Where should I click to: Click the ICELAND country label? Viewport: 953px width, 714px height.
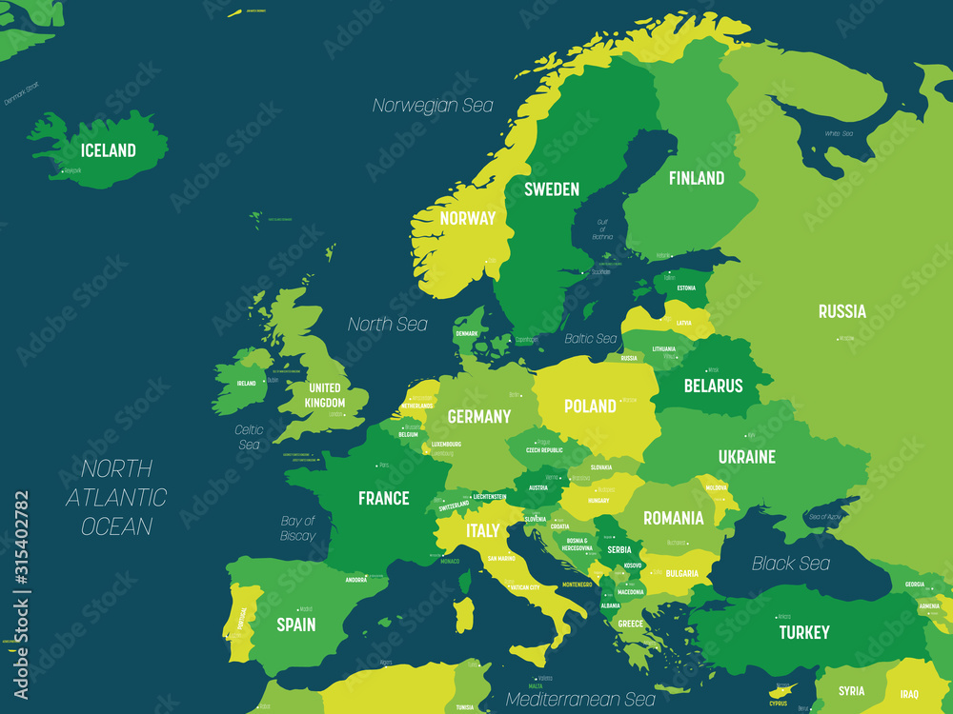[108, 150]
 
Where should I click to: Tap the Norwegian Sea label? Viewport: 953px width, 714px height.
[433, 106]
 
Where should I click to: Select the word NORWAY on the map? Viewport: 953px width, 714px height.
[467, 218]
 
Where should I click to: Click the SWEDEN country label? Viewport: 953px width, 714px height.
[551, 189]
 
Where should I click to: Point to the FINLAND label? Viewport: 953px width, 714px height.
[696, 178]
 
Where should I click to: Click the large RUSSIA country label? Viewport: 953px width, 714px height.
[841, 311]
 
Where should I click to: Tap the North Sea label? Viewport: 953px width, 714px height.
[387, 325]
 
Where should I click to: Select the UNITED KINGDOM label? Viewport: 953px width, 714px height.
[324, 395]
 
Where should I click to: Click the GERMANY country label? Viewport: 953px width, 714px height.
[478, 416]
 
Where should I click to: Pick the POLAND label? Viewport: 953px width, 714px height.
[590, 407]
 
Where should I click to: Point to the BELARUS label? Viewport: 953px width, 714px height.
[712, 386]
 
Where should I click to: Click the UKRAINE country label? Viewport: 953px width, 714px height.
[746, 457]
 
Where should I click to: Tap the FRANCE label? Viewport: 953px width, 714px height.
[383, 498]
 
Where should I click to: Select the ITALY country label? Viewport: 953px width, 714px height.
[482, 529]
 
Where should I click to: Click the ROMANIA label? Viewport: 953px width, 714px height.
[673, 518]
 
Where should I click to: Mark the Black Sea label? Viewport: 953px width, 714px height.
[790, 564]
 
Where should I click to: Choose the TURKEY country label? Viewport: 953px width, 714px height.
[803, 632]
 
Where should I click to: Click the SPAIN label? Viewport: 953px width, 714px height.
[295, 625]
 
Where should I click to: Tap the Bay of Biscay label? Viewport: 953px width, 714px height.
[297, 528]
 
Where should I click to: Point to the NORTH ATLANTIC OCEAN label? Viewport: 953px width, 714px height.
[116, 497]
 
